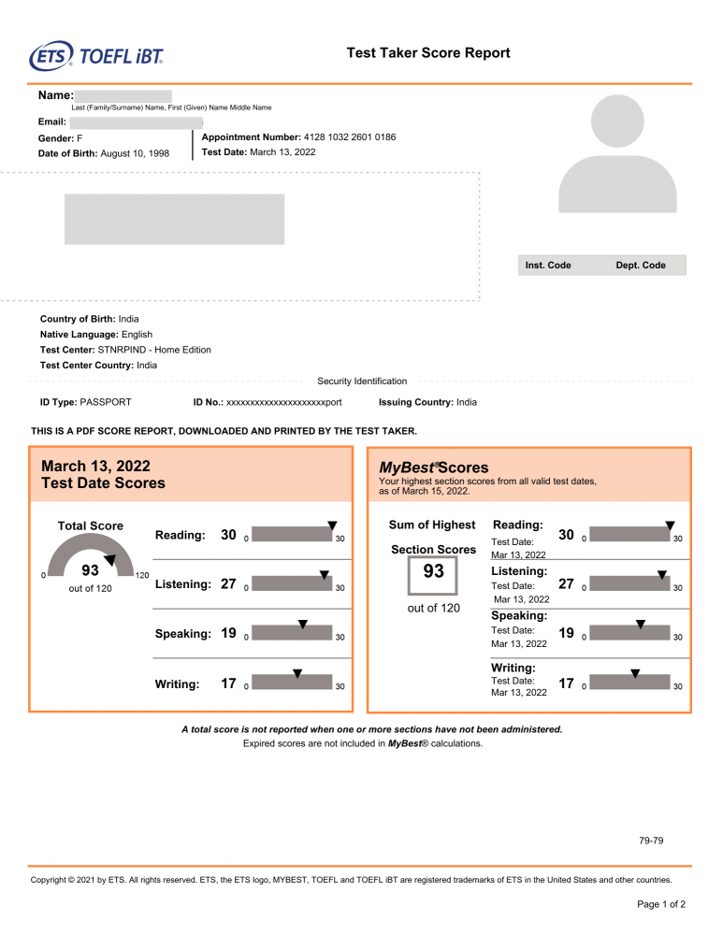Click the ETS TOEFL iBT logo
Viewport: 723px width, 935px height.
(x=96, y=55)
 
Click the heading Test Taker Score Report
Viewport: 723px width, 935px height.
(x=428, y=53)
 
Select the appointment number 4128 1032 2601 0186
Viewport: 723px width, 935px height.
(x=349, y=137)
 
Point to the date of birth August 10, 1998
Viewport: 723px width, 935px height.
(x=135, y=153)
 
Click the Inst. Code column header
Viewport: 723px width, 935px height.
(x=548, y=266)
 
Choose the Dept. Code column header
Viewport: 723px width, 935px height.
(x=641, y=266)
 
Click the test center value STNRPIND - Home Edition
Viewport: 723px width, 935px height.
(x=154, y=350)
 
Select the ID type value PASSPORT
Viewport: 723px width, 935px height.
(x=106, y=402)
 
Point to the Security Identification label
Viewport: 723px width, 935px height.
(x=362, y=381)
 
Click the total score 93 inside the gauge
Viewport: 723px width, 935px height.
(x=91, y=570)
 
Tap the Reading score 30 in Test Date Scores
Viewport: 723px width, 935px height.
(x=228, y=536)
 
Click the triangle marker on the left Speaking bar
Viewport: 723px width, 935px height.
(x=302, y=624)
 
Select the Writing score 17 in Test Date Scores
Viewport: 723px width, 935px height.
(x=228, y=683)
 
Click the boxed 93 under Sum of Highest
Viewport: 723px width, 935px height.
(x=433, y=572)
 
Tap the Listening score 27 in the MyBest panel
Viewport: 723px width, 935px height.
(x=566, y=583)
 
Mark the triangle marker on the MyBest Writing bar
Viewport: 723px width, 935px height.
(x=635, y=673)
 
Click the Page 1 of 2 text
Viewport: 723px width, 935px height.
(x=661, y=904)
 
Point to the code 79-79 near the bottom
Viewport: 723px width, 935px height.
(x=651, y=841)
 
